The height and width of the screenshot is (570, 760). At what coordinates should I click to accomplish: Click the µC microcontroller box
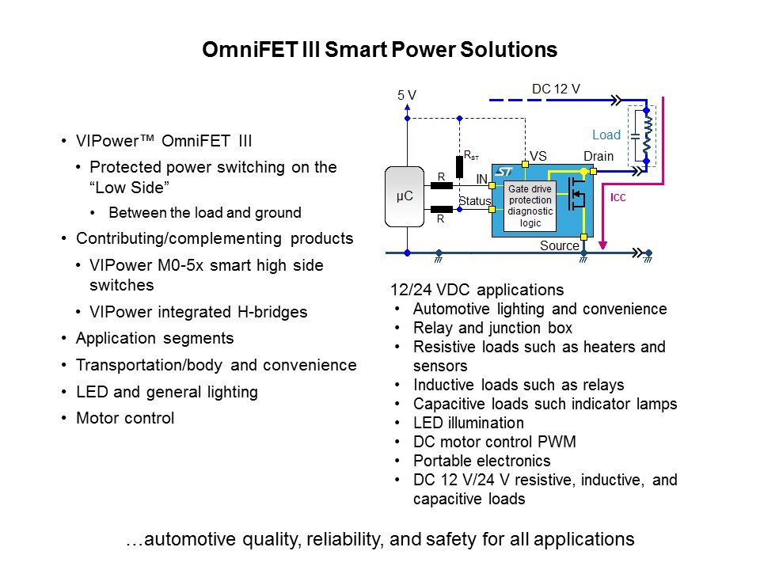point(405,196)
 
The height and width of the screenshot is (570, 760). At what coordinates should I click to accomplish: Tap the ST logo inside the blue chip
point(504,171)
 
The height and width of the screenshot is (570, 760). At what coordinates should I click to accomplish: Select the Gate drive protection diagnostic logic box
point(530,206)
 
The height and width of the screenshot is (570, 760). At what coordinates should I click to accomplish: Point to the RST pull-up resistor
point(458,165)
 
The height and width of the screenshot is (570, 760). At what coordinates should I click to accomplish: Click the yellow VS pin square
point(525,164)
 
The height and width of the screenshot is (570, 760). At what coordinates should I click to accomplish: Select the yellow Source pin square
point(583,236)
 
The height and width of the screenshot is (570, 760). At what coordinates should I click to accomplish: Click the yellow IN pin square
point(492,185)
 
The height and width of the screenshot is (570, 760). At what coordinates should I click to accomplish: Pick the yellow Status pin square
point(492,210)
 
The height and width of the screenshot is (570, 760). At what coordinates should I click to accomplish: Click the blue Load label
point(606,135)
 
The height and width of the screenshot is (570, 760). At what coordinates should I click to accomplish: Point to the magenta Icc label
point(618,197)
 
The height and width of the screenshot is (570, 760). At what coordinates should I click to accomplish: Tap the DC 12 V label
point(556,89)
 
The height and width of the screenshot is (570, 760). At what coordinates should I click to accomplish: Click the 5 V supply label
point(407,96)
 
